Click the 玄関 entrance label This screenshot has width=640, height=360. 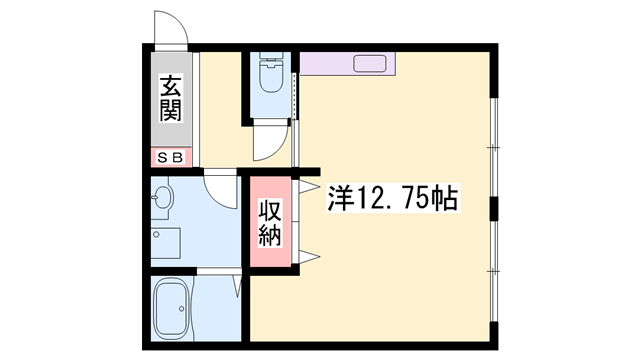click(171, 98)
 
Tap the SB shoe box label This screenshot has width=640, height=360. click(171, 158)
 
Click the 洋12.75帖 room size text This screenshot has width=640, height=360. click(393, 198)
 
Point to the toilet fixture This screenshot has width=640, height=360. click(271, 73)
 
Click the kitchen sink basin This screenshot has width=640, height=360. click(370, 64)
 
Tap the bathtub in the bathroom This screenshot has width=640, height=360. click(171, 308)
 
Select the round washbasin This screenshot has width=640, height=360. click(163, 198)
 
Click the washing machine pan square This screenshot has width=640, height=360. click(165, 243)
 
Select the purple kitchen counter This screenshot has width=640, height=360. click(347, 64)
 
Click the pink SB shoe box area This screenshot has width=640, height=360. click(171, 157)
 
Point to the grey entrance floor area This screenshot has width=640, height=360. click(171, 99)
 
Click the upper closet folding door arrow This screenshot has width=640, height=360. click(309, 187)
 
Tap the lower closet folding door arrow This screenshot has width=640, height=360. click(309, 257)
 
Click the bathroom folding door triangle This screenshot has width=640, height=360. click(237, 287)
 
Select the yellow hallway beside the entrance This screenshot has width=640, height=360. click(220, 109)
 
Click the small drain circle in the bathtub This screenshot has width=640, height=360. click(181, 309)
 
